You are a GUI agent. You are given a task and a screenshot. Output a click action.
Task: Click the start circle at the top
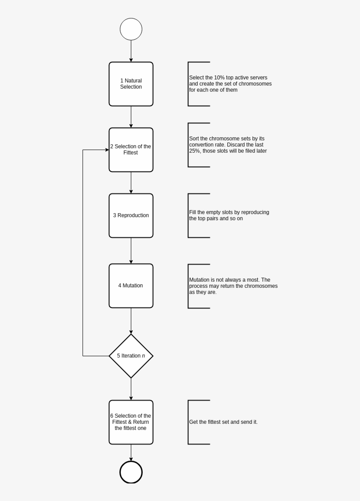131,29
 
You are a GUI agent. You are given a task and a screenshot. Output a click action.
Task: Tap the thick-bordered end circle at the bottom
131,472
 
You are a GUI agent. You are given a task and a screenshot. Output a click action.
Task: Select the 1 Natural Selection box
131,84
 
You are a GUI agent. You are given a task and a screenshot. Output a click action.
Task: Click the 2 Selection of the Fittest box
131,150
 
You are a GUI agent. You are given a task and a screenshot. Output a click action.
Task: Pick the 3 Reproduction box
131,215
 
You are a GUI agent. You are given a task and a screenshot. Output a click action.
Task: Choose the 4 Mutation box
131,286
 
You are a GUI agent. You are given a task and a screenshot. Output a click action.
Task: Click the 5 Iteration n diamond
131,356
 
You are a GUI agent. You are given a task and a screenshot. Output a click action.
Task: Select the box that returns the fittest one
131,422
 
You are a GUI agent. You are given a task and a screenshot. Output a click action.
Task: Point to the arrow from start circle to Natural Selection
131,51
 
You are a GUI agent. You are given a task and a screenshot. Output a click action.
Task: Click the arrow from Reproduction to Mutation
131,250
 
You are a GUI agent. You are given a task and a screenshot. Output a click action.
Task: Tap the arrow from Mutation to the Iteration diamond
131,321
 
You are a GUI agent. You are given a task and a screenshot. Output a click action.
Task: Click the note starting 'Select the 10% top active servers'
230,84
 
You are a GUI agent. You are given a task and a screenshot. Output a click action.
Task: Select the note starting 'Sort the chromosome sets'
227,145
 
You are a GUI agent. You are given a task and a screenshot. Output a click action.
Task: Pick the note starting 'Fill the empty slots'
229,215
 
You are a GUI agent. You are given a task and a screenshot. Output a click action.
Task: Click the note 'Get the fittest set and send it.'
223,422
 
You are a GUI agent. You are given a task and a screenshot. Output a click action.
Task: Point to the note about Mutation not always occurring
233,286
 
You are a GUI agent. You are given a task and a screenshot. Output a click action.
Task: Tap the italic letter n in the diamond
144,356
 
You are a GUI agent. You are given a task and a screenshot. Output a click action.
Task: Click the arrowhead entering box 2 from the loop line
107,150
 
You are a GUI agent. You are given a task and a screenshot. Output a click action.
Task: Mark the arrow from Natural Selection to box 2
131,117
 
